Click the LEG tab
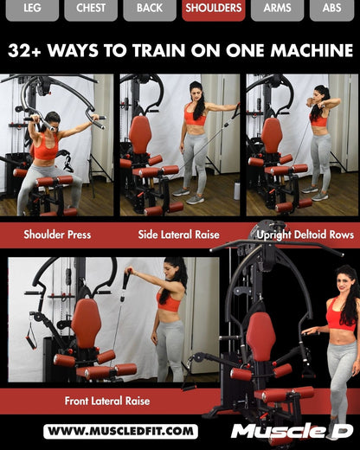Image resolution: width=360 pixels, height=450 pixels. pyautogui.click(x=32, y=9)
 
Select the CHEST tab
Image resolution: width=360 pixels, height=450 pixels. pyautogui.click(x=91, y=9)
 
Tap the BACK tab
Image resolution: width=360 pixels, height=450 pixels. pyautogui.click(x=149, y=9)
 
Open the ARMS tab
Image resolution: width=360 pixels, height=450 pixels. pyautogui.click(x=277, y=9)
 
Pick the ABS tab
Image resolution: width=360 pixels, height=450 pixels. pyautogui.click(x=331, y=9)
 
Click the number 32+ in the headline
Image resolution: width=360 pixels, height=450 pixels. pyautogui.click(x=26, y=51)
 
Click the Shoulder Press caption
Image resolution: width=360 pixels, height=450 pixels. pyautogui.click(x=57, y=235)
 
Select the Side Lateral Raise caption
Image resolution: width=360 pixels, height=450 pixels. pyautogui.click(x=178, y=235)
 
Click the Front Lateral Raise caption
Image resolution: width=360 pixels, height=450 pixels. pyautogui.click(x=106, y=401)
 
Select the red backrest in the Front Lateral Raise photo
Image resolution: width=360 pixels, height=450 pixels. pyautogui.click(x=86, y=321)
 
